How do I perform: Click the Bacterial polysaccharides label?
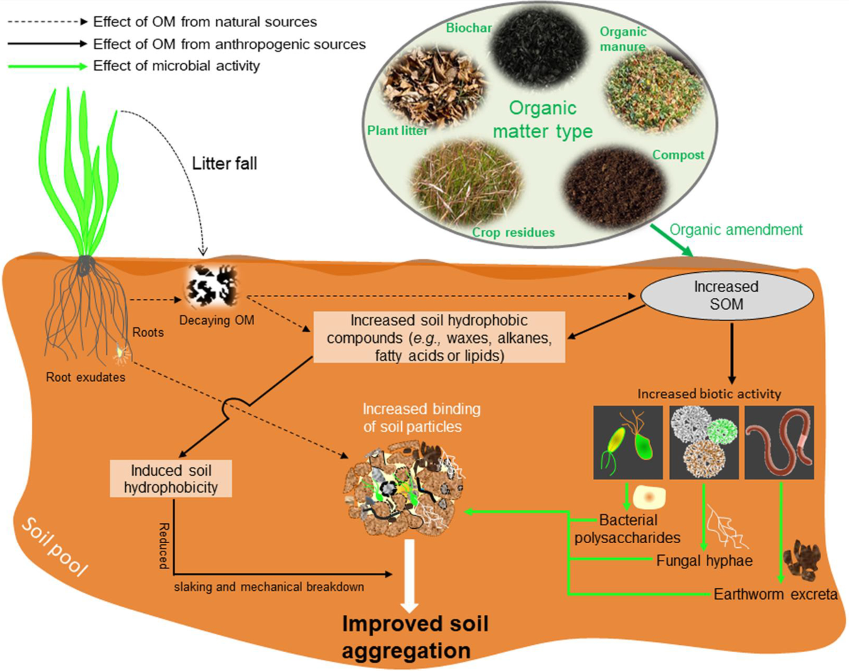pos(640,529)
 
